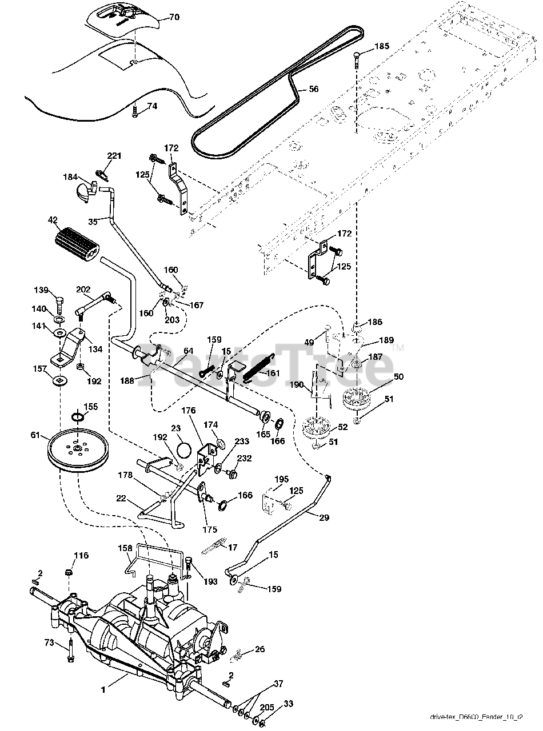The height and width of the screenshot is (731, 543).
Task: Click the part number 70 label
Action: coord(174,17)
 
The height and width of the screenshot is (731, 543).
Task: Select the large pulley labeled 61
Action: coord(78,450)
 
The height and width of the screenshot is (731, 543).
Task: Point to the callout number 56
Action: coord(313,89)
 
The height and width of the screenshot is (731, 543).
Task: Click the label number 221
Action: coord(114,155)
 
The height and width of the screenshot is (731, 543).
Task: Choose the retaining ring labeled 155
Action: coord(78,417)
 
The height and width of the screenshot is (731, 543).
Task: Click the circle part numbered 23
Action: coord(185,449)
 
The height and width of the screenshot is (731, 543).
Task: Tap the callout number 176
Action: coord(189,410)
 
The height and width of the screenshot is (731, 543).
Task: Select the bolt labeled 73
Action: coord(70,650)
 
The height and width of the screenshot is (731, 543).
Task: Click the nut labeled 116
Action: coord(68,572)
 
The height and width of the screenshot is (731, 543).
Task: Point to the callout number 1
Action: coord(103,689)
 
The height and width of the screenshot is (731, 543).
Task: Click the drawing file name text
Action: coord(477,717)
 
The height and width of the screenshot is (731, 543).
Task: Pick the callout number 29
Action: coord(324,517)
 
